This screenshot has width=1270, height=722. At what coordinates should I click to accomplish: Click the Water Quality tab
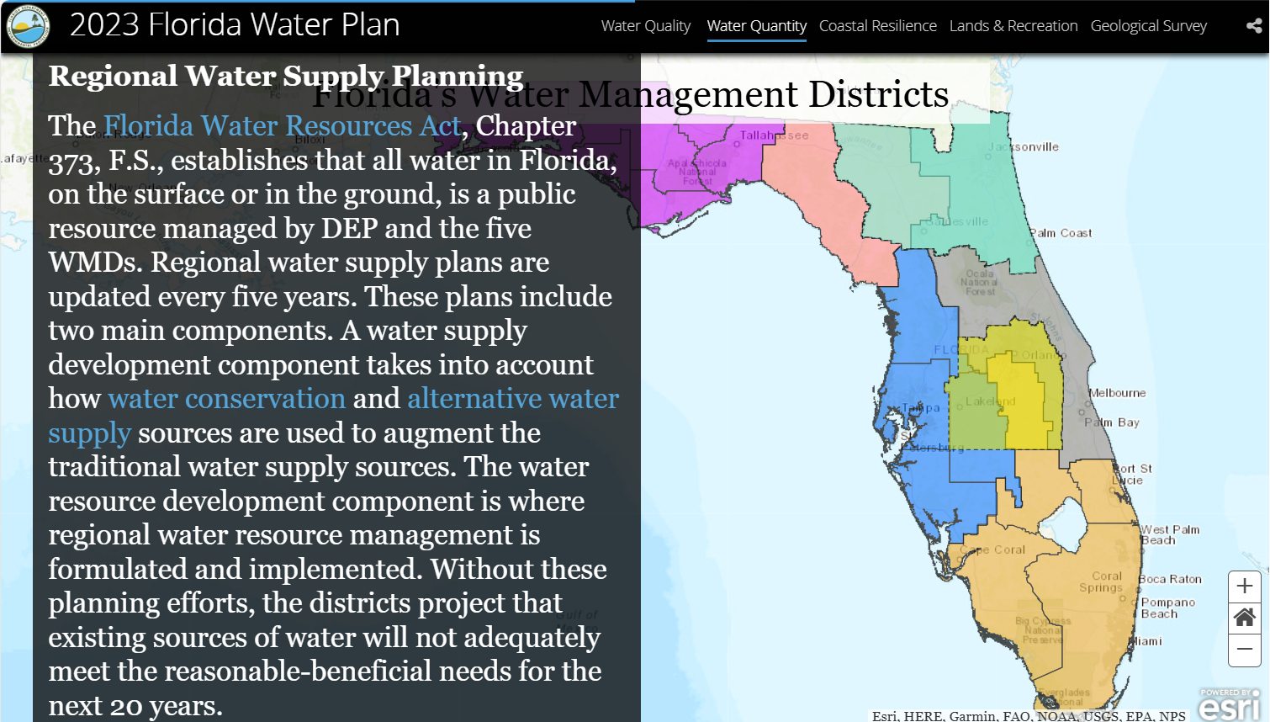[645, 26]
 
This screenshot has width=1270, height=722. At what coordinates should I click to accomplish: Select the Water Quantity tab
[756, 26]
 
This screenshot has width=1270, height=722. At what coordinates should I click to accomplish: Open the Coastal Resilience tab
[877, 26]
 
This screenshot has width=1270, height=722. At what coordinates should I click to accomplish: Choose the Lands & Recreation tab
[1013, 26]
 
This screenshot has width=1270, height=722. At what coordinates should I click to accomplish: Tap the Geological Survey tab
[1148, 26]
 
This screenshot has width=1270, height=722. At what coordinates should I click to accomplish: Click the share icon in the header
[1253, 26]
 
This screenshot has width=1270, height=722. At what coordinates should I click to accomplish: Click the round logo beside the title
[28, 26]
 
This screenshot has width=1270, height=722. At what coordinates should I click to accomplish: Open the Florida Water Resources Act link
[283, 126]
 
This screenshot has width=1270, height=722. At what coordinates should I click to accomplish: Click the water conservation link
[226, 398]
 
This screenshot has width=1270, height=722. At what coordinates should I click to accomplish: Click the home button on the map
[1245, 618]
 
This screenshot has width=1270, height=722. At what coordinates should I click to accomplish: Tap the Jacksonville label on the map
[1024, 146]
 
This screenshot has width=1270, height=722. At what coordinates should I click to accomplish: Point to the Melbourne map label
[1117, 393]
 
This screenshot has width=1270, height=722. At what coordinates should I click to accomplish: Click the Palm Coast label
[1061, 233]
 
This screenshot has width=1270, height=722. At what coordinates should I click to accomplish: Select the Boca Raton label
[1170, 579]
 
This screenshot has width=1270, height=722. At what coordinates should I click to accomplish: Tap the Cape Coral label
[992, 549]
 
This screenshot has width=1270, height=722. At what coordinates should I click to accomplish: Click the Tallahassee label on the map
[774, 135]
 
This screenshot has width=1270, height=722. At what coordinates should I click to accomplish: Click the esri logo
[1230, 705]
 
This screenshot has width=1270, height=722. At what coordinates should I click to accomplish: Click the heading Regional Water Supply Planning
[286, 76]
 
